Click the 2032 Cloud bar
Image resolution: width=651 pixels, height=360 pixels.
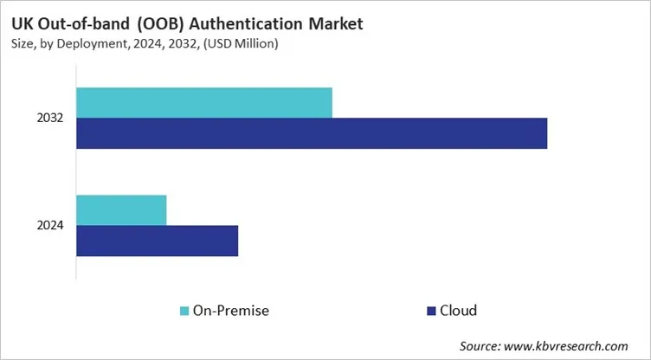pos(312,133)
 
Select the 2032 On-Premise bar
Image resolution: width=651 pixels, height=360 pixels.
pos(204,103)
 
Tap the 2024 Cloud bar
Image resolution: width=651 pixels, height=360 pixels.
pos(157,241)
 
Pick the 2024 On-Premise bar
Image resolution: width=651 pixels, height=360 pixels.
pos(121,210)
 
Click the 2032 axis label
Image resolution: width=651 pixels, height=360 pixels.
pos(49,118)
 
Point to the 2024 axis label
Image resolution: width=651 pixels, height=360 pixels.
pos(49,226)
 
